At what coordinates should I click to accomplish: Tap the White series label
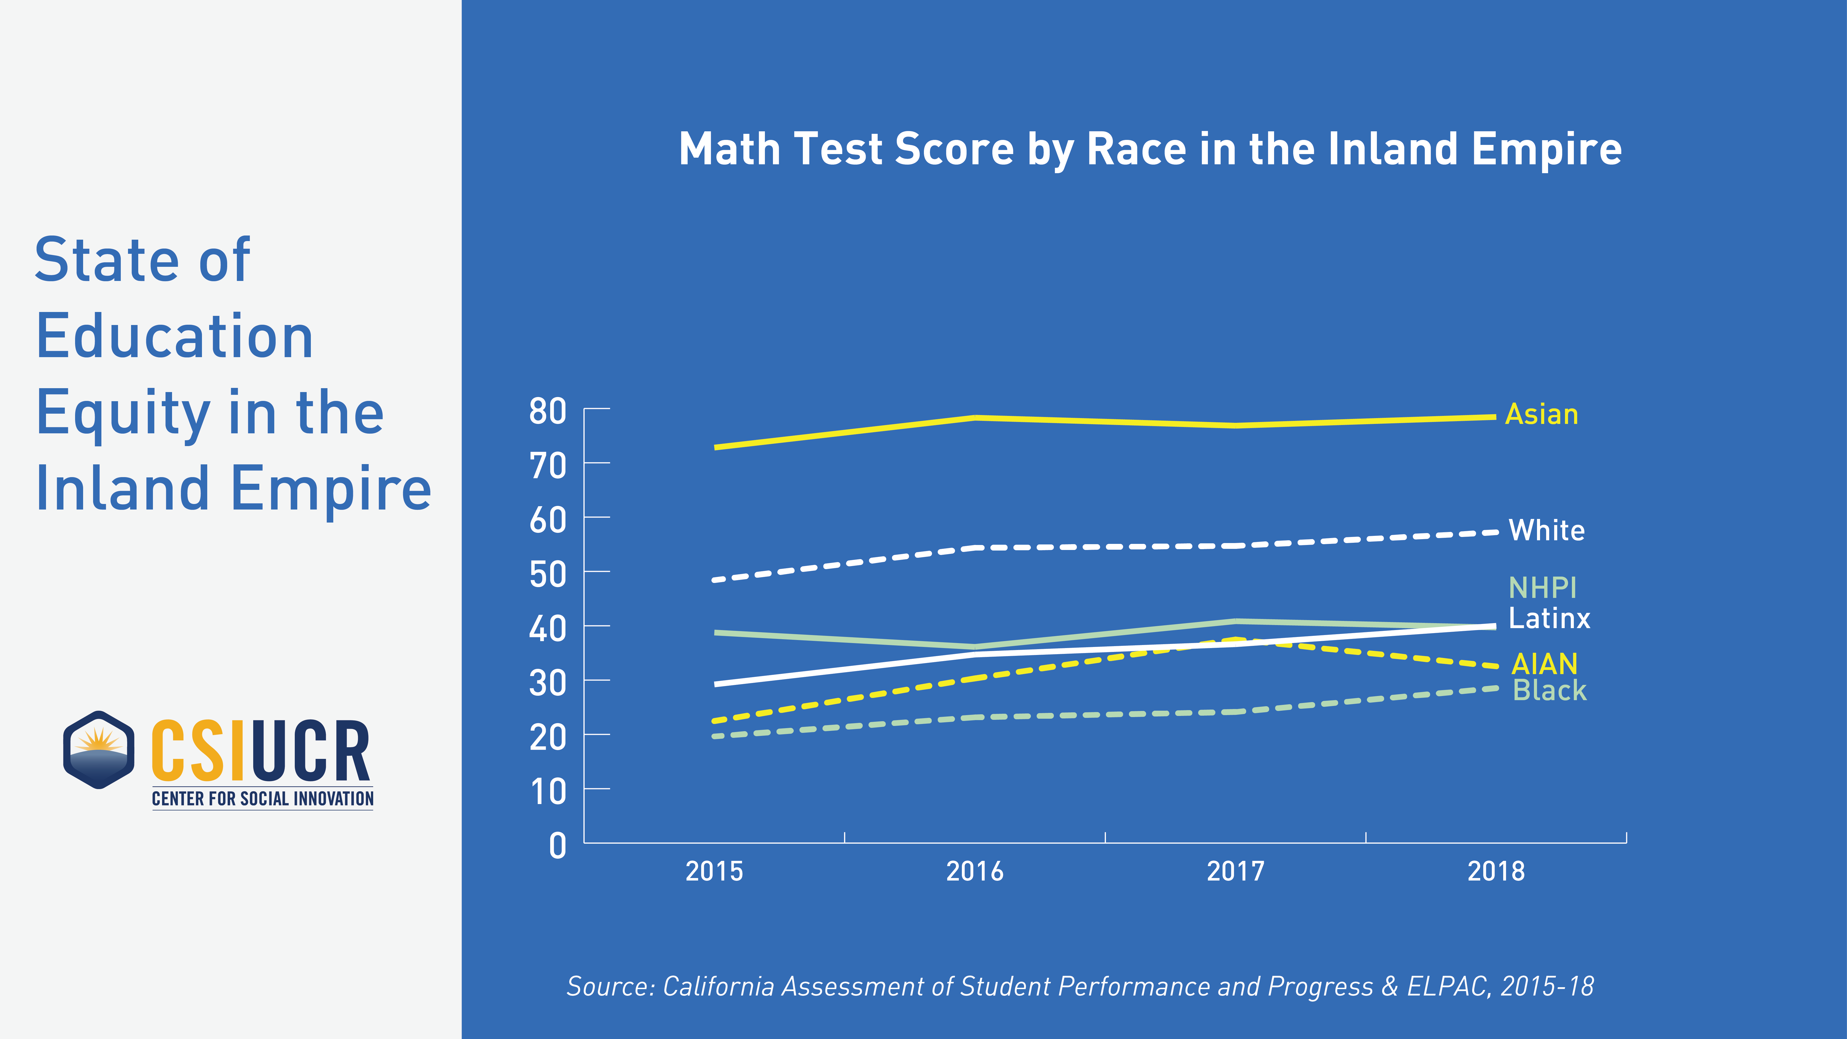coord(1547,531)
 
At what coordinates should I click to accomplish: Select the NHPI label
coord(1542,588)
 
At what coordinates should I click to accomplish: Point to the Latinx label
coord(1549,618)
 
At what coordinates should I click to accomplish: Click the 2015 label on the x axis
coord(714,871)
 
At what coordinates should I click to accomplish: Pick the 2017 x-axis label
coord(1235,871)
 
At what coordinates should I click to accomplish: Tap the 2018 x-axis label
coord(1496,871)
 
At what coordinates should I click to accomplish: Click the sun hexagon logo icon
coord(99,750)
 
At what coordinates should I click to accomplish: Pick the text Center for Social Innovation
coord(262,799)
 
